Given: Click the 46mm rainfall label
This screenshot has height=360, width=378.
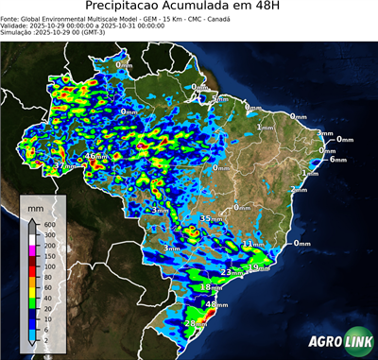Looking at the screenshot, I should coord(96,156).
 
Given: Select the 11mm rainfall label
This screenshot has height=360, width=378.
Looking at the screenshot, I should coord(252,244).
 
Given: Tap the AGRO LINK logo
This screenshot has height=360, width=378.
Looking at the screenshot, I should coord(337,341).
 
